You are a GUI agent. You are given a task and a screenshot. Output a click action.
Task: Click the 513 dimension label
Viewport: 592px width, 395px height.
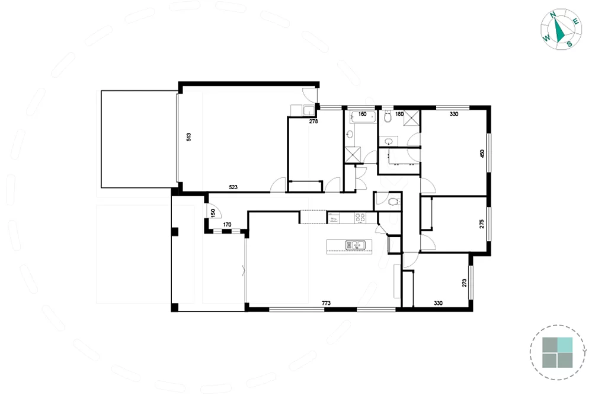(189, 137)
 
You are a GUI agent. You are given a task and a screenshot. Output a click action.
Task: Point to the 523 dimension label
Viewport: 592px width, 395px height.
(233, 187)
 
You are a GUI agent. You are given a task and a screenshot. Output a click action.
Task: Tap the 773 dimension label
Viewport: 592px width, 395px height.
(326, 303)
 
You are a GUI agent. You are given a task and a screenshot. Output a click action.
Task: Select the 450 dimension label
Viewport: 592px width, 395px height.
(482, 154)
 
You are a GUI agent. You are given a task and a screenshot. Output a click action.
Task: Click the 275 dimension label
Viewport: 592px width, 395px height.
(482, 224)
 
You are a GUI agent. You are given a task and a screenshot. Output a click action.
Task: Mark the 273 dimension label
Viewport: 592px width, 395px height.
(465, 283)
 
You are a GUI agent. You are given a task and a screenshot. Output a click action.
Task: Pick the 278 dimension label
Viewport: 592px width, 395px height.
(313, 122)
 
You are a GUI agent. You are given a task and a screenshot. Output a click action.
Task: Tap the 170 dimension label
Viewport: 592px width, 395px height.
(227, 225)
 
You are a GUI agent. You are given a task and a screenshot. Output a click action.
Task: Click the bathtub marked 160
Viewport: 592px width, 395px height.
(363, 117)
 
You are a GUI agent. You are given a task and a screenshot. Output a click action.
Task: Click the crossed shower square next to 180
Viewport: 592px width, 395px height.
(412, 118)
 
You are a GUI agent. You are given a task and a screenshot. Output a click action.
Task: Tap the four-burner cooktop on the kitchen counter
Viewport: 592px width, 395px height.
(360, 218)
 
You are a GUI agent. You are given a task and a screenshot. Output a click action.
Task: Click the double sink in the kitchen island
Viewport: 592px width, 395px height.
(356, 246)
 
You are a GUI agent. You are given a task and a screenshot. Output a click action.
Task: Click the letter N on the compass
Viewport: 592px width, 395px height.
(553, 15)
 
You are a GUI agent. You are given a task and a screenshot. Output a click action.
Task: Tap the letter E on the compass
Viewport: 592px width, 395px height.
(576, 21)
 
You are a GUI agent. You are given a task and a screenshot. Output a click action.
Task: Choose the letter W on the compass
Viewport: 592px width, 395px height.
(546, 38)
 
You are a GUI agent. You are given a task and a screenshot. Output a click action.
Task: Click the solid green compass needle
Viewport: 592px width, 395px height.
(559, 30)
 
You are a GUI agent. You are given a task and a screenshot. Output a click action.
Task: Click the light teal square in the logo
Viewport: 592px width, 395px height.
(565, 345)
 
